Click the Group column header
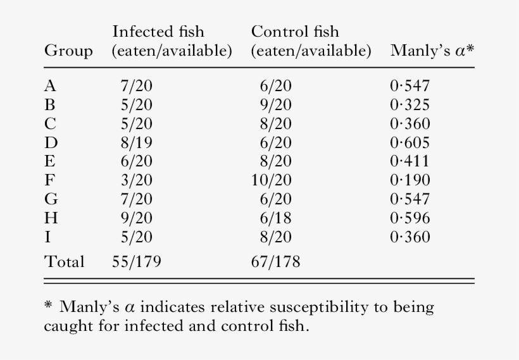pos(68,51)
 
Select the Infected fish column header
pos(172,41)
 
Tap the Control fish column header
pos(311,41)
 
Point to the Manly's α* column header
pos(432,51)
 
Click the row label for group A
pos(49,87)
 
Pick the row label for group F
pos(49,180)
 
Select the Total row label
pos(64,261)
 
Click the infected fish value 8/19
pos(136,142)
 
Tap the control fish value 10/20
pos(272,180)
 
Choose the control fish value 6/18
pos(275,218)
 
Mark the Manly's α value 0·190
pos(410,180)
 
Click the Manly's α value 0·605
pos(410,142)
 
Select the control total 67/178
pos(275,261)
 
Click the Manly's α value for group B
pos(410,105)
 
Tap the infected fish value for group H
pos(136,218)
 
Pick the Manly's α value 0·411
pos(410,161)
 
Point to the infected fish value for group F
pos(136,180)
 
